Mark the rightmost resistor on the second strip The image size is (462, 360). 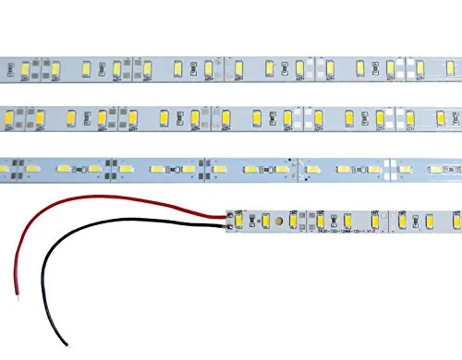(454, 118)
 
